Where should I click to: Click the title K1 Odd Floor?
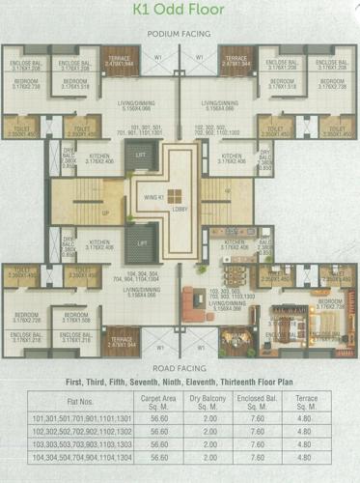pyautogui.click(x=180, y=12)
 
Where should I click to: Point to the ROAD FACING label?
pyautogui.click(x=180, y=368)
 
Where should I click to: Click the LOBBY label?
pyautogui.click(x=180, y=209)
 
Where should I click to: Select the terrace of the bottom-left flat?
pyautogui.click(x=121, y=340)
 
